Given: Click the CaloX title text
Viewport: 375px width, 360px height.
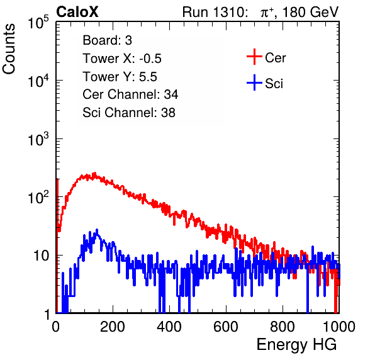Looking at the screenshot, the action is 77,12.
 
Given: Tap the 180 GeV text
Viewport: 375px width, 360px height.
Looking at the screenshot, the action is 310,12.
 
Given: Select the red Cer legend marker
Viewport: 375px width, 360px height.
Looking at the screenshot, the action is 254,57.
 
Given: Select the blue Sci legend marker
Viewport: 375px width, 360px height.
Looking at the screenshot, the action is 254,82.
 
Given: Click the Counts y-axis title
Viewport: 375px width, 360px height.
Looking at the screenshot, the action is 9,49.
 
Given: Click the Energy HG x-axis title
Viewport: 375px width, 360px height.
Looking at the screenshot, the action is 296,345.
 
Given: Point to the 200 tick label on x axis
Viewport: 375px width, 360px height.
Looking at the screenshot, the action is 113,327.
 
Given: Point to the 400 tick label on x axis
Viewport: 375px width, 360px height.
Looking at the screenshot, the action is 169,327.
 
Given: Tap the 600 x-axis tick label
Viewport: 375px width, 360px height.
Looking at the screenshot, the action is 226,327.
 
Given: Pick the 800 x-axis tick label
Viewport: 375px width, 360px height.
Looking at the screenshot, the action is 283,327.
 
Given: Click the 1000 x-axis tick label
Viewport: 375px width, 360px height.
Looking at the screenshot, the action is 339,327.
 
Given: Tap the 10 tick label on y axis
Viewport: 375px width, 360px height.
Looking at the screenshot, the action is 41,256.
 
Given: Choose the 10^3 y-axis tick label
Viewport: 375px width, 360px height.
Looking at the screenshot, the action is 38,138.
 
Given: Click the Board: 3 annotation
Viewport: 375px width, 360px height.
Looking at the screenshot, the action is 107,40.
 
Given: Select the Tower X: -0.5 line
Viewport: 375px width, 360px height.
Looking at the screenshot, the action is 122,59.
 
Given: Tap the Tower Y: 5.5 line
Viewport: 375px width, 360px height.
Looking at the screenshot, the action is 120,77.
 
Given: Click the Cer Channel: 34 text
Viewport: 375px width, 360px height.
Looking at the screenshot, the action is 130,94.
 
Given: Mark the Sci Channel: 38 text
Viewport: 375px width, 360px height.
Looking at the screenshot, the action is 129,113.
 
